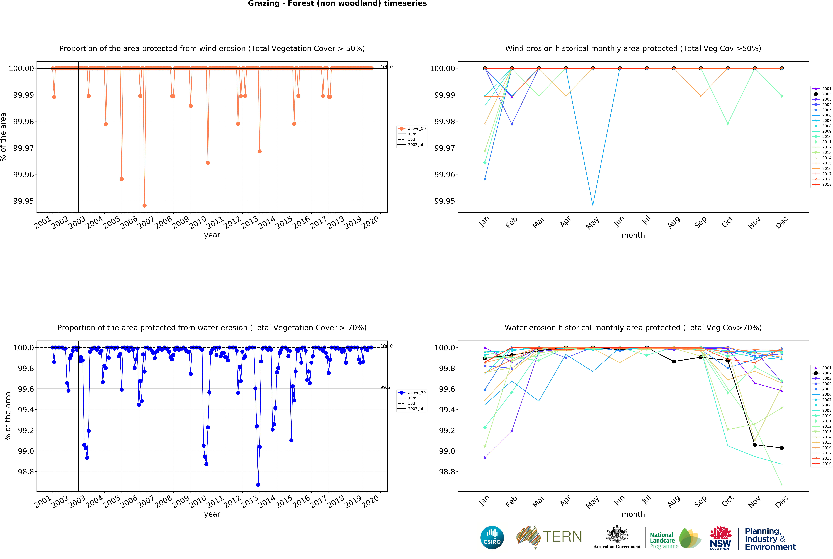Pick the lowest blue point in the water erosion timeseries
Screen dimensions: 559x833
click(258, 485)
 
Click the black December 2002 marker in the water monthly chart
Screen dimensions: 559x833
click(782, 448)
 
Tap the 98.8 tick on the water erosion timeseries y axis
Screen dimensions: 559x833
click(26, 472)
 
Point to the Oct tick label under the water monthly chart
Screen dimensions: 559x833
click(727, 501)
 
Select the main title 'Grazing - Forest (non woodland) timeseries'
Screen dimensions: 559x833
click(337, 4)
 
